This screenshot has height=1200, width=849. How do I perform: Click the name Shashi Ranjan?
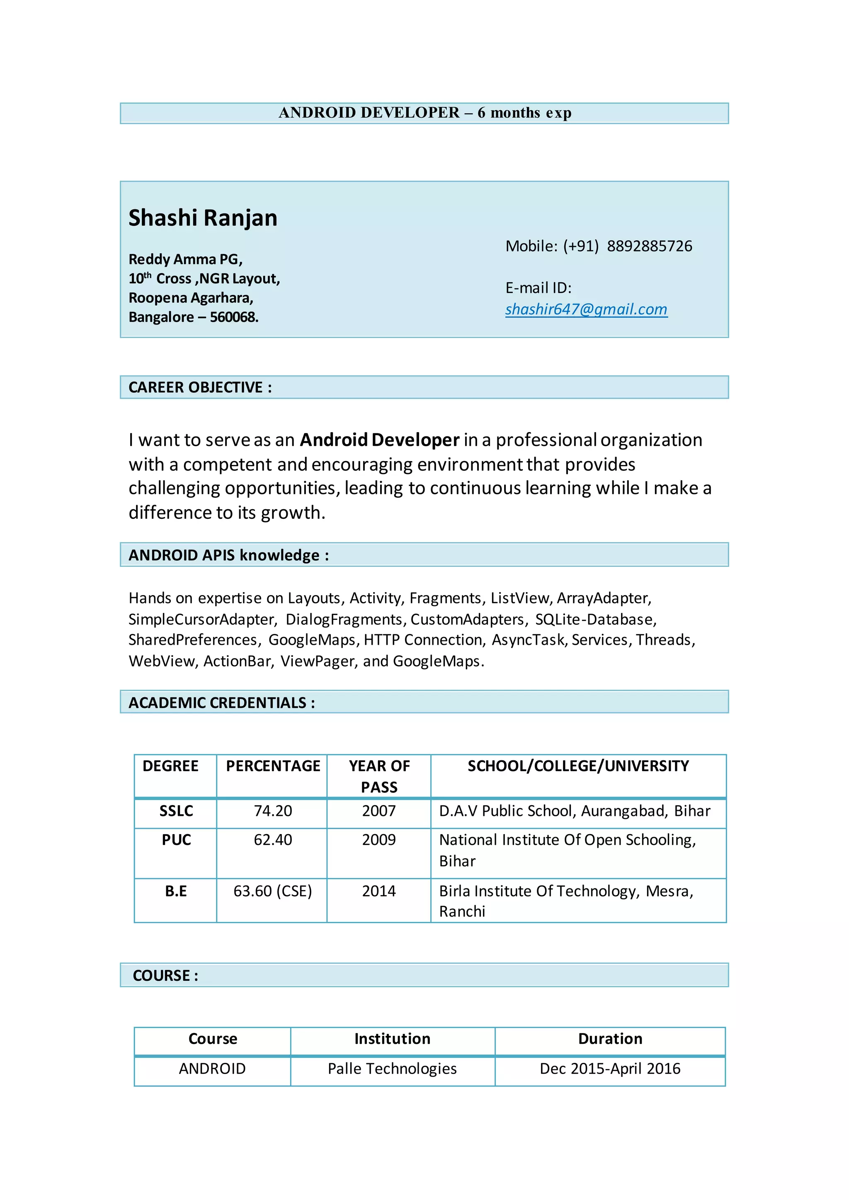[203, 218]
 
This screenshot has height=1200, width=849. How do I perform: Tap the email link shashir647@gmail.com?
[586, 310]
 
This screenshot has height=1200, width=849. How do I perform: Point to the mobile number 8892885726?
[649, 246]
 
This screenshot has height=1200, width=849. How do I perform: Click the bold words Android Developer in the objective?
[380, 440]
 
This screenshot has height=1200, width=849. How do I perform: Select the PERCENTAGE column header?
[273, 766]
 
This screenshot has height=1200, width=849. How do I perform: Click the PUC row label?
[176, 840]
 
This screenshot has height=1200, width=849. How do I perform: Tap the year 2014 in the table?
[378, 891]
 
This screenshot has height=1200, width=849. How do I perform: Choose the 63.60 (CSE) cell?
[272, 891]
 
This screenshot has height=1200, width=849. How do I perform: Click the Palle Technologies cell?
[392, 1068]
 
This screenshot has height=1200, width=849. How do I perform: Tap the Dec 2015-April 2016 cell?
[610, 1068]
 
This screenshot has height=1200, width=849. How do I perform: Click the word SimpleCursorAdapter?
[202, 619]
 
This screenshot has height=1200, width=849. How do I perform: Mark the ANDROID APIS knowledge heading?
[229, 555]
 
